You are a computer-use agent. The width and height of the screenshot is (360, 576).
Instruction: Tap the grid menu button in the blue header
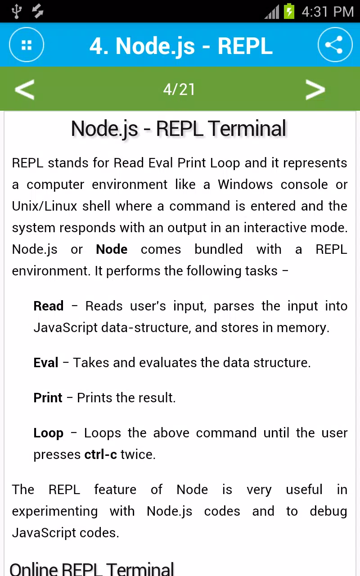pyautogui.click(x=27, y=45)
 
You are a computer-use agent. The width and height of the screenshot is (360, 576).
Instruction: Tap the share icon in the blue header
pyautogui.click(x=335, y=45)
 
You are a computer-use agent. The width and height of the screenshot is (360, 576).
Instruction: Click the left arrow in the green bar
pyautogui.click(x=24, y=89)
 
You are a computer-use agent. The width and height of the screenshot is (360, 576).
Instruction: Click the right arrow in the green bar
pyautogui.click(x=315, y=89)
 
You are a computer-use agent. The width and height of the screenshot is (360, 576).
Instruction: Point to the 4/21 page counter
pyautogui.click(x=179, y=90)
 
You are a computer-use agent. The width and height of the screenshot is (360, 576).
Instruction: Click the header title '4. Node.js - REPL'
pyautogui.click(x=181, y=46)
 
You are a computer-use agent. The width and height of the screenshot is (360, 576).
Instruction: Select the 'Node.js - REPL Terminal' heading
pyautogui.click(x=179, y=129)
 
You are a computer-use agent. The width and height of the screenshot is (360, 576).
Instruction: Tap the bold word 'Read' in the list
pyautogui.click(x=49, y=306)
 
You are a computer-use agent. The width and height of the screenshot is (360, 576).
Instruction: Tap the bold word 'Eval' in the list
pyautogui.click(x=46, y=363)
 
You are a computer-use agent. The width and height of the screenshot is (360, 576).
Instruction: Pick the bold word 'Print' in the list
pyautogui.click(x=48, y=398)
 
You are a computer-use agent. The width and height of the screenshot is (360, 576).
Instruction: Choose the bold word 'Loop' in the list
pyautogui.click(x=49, y=433)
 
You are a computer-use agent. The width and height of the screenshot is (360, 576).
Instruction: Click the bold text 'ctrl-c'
pyautogui.click(x=101, y=454)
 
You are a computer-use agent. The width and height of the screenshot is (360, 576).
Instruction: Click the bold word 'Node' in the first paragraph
pyautogui.click(x=112, y=249)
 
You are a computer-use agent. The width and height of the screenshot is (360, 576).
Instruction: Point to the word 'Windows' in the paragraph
pyautogui.click(x=245, y=184)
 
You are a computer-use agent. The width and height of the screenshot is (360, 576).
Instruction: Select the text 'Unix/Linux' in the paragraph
pyautogui.click(x=45, y=206)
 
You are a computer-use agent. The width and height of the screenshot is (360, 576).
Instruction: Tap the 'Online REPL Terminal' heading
pyautogui.click(x=92, y=568)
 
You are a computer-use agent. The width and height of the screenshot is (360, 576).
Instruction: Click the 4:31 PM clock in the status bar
pyautogui.click(x=328, y=12)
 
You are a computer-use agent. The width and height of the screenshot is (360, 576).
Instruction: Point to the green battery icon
pyautogui.click(x=289, y=11)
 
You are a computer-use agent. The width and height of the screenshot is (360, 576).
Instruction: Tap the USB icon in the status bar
pyautogui.click(x=17, y=11)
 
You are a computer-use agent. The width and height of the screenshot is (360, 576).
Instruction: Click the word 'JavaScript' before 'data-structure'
pyautogui.click(x=66, y=328)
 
